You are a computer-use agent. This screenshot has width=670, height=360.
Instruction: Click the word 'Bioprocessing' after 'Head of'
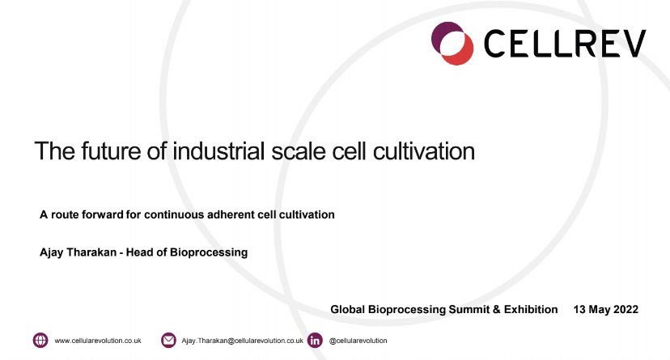210,252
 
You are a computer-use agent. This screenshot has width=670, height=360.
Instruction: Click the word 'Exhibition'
526,309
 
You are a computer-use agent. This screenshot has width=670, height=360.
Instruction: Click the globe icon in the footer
40,341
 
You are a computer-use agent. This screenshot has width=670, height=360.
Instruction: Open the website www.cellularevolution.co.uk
98,341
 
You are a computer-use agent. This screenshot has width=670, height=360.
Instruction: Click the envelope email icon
169,341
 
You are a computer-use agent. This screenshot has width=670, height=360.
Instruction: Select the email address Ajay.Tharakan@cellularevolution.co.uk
242,341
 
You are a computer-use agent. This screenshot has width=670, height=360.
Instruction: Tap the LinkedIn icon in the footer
316,341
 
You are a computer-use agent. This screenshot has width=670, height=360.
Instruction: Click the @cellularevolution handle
358,341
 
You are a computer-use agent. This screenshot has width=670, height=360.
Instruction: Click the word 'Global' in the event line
350,309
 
